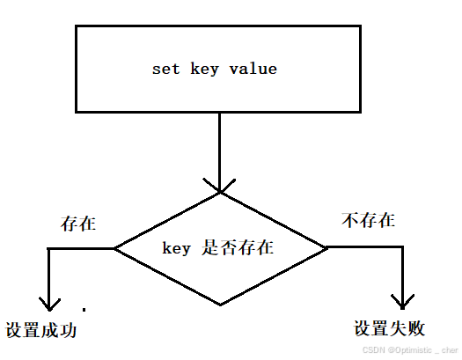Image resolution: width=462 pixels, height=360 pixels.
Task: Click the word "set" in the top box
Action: point(165,69)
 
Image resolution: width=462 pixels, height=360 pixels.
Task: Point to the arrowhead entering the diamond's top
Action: point(219,187)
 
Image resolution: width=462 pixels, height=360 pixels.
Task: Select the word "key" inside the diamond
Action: point(177,248)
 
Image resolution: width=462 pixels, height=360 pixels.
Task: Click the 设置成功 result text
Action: point(41,331)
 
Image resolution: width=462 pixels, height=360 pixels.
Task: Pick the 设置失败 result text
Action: point(390,329)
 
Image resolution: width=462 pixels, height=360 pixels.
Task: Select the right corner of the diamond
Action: point(327,247)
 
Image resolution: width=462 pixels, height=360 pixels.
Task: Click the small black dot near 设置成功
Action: point(84,309)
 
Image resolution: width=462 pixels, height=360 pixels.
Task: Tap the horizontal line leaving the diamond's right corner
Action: point(365,247)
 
